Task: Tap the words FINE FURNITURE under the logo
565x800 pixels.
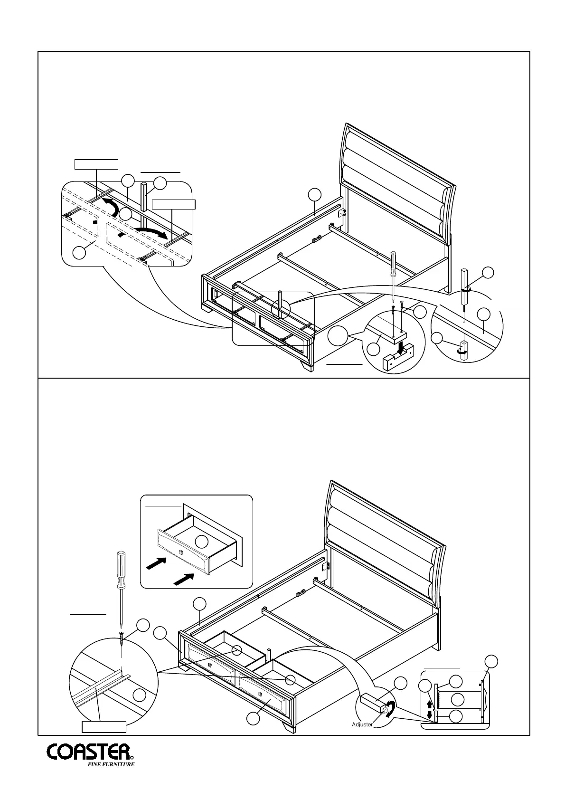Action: tap(111, 778)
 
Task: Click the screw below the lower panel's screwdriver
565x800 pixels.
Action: tap(122, 638)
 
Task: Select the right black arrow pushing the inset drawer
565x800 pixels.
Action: tap(185, 579)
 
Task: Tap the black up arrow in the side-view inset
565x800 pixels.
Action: tap(430, 704)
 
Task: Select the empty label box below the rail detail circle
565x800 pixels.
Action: tap(104, 726)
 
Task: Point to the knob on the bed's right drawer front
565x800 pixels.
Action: tap(262, 695)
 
